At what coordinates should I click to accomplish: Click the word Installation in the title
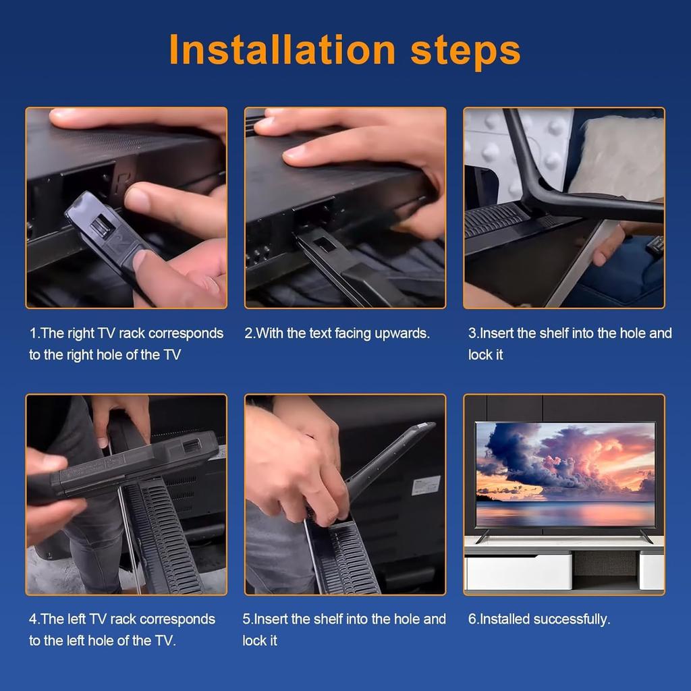[x=282, y=49]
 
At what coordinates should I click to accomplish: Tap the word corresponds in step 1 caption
[x=186, y=333]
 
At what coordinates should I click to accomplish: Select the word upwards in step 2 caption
[x=402, y=333]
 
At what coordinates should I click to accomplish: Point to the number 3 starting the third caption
[x=472, y=333]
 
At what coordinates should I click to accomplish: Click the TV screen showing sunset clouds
[x=565, y=474]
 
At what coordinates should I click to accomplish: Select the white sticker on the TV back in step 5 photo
[x=426, y=485]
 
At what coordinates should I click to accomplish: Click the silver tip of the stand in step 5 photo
[x=423, y=426]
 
